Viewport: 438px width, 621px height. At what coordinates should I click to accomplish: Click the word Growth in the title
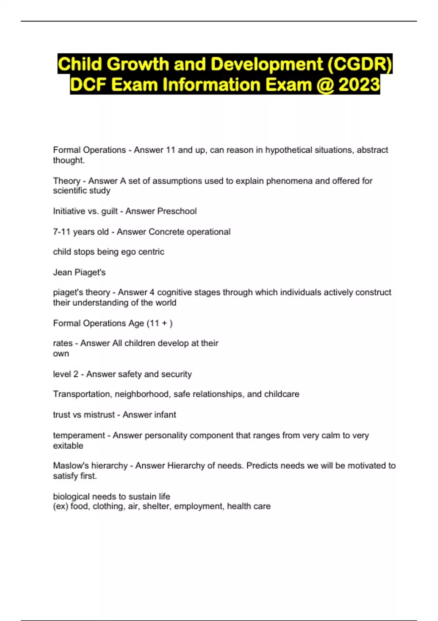pos(138,64)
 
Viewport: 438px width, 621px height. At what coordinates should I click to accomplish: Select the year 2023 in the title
pos(359,85)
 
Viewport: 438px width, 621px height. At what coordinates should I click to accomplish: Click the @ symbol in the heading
pos(325,85)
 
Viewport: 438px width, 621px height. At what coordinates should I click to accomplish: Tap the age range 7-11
pos(62,232)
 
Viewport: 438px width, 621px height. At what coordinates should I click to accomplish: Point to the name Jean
pos(62,273)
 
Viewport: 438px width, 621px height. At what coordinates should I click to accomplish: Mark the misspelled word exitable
pos(68,446)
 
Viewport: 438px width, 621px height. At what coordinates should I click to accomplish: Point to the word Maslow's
pos(71,466)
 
